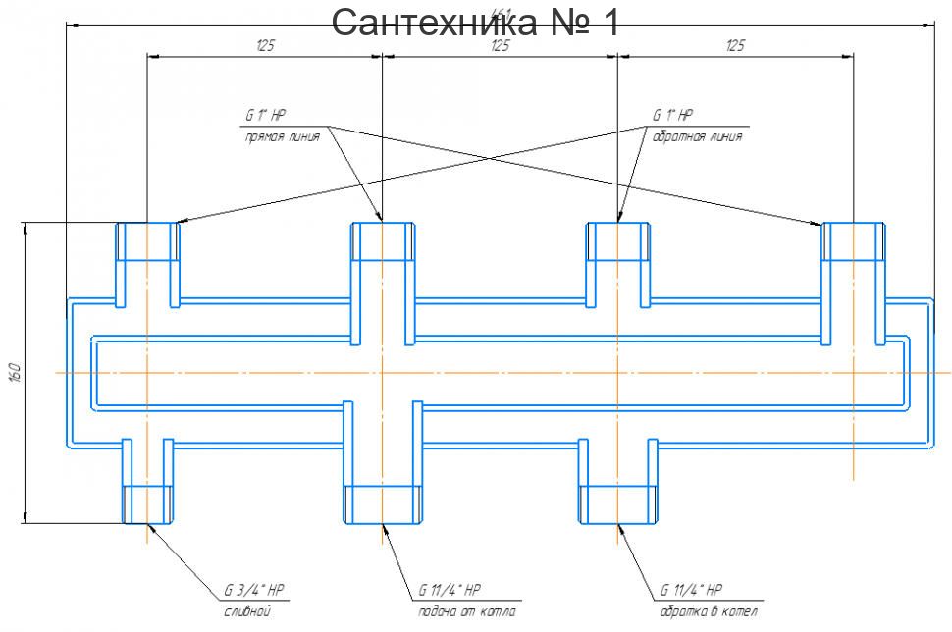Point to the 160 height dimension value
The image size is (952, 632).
(14, 373)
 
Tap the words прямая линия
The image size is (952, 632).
(282, 137)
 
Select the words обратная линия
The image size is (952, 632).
(697, 137)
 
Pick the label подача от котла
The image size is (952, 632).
(461, 611)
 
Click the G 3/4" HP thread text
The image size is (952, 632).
(254, 591)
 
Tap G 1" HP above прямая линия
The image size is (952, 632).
(265, 116)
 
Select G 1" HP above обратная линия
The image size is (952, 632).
(672, 116)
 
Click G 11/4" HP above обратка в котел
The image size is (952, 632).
(691, 591)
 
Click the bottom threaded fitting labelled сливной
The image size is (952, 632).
(147, 503)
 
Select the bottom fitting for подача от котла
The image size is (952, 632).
(383, 503)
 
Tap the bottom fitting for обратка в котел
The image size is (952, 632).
(617, 503)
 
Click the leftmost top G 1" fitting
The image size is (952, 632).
(148, 241)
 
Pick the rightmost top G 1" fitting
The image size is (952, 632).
(853, 241)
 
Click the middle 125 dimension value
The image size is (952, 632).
(500, 45)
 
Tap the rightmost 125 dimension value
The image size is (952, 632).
(735, 45)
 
